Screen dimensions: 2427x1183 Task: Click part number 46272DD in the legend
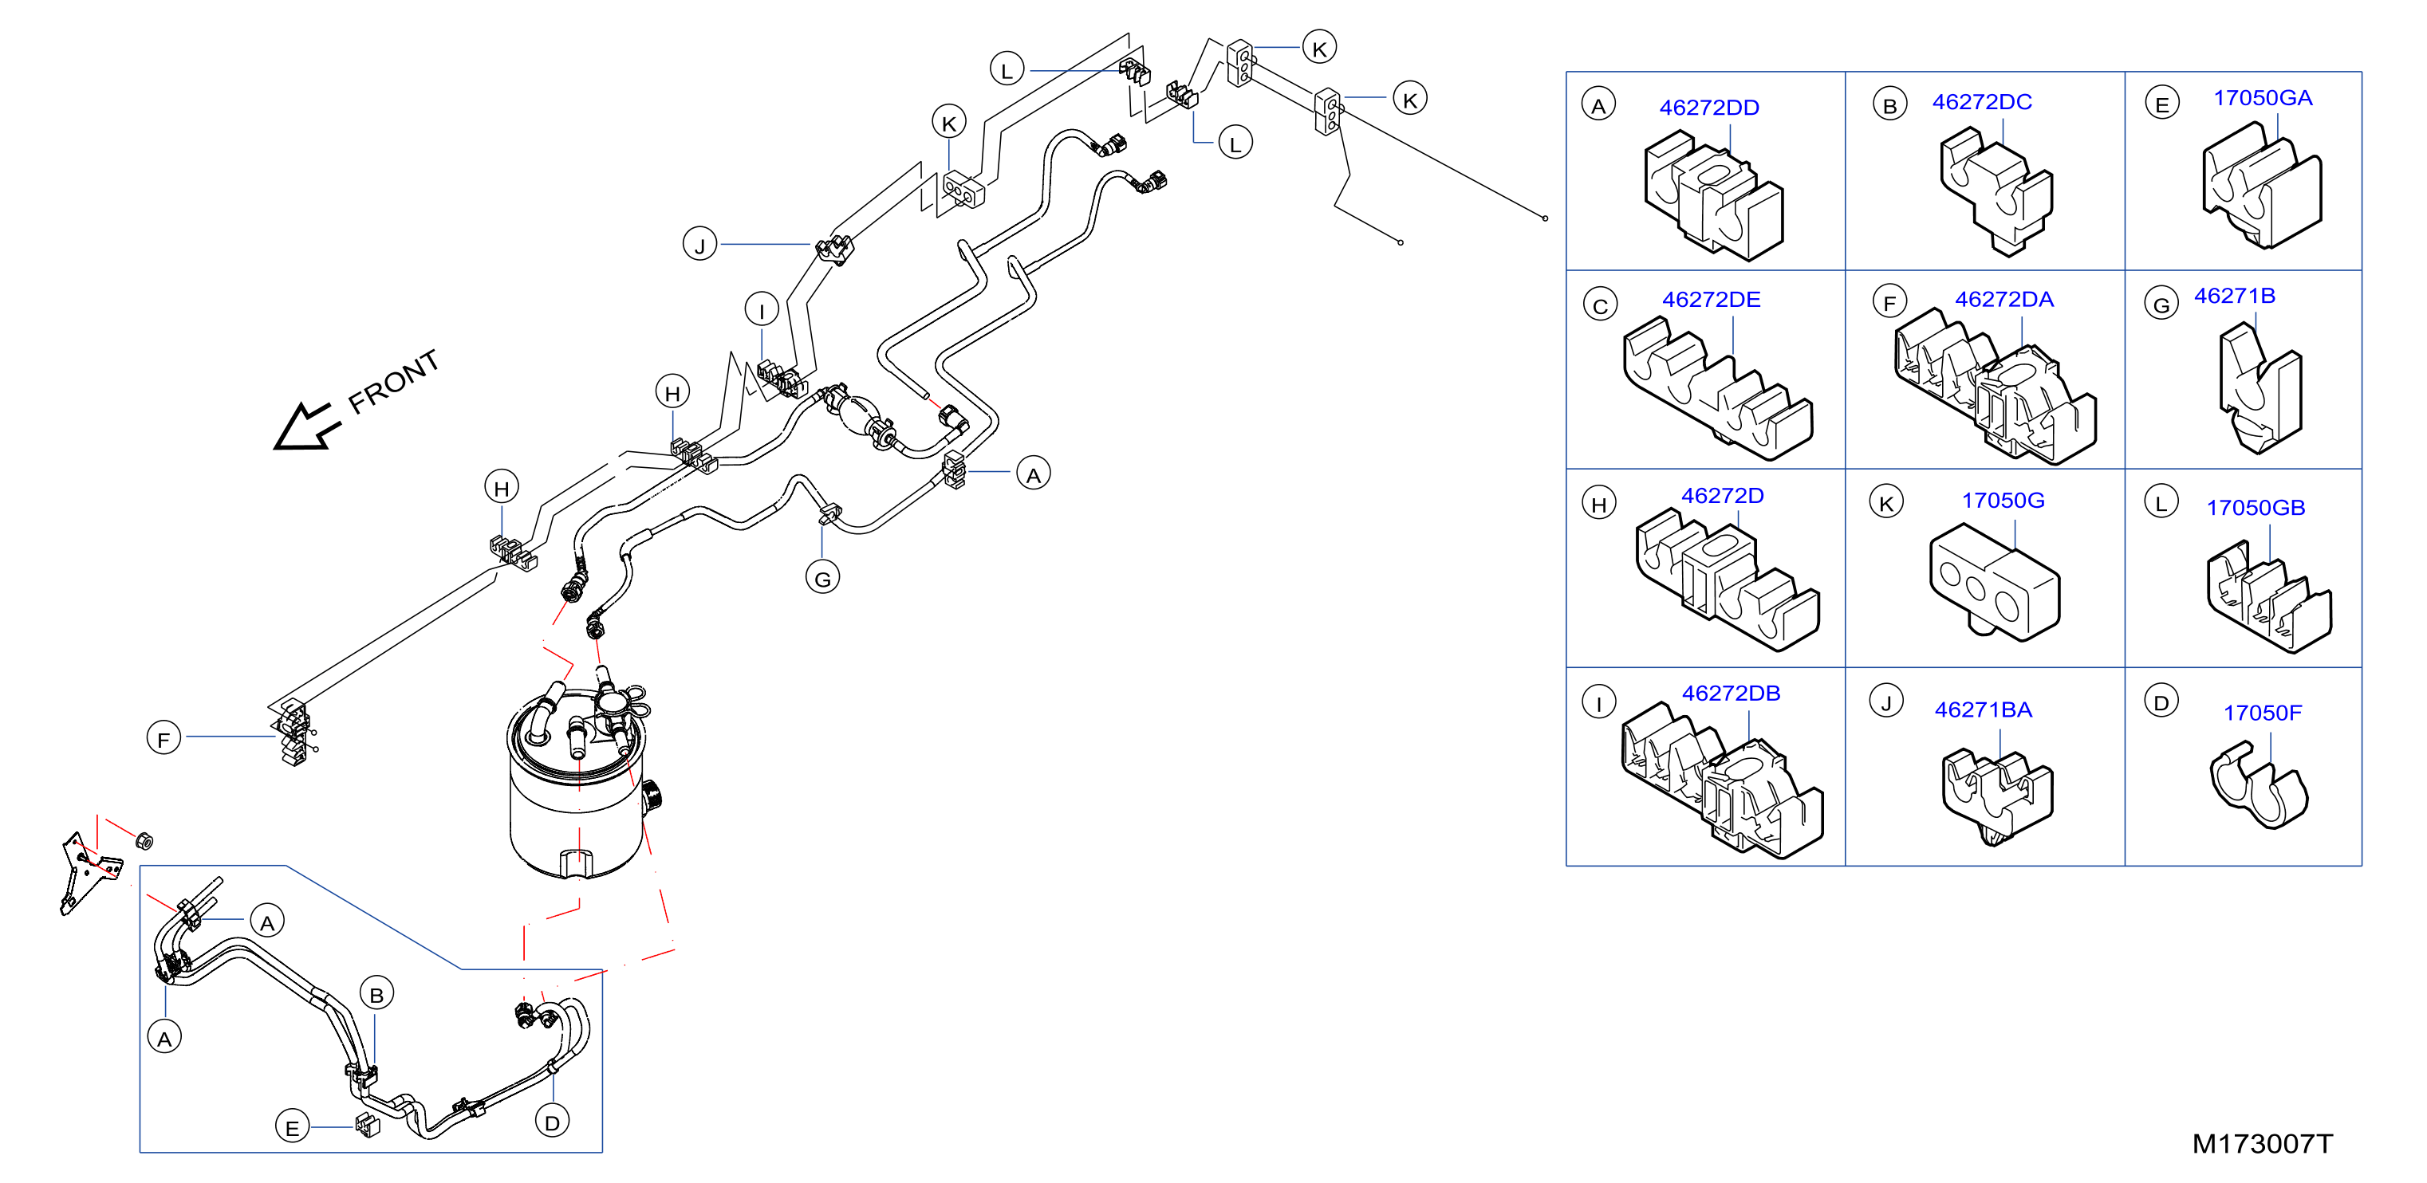point(1709,108)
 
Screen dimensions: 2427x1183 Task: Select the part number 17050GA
point(2262,98)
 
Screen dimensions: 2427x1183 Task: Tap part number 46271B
point(2234,296)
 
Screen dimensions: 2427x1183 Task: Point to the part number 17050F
point(2262,713)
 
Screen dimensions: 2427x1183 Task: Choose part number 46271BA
point(1984,710)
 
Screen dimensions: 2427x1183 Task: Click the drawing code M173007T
point(2262,1143)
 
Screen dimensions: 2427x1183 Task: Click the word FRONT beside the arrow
point(394,382)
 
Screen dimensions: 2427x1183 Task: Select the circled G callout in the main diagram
point(822,578)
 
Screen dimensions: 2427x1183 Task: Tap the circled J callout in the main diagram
point(700,245)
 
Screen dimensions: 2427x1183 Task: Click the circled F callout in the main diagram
point(164,738)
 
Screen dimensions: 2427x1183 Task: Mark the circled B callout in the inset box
point(377,994)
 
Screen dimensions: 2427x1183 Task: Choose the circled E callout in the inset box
point(292,1126)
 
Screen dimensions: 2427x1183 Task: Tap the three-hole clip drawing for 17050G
point(1995,584)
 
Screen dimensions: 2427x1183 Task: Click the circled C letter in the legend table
point(1600,305)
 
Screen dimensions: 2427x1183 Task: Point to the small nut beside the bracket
point(144,840)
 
